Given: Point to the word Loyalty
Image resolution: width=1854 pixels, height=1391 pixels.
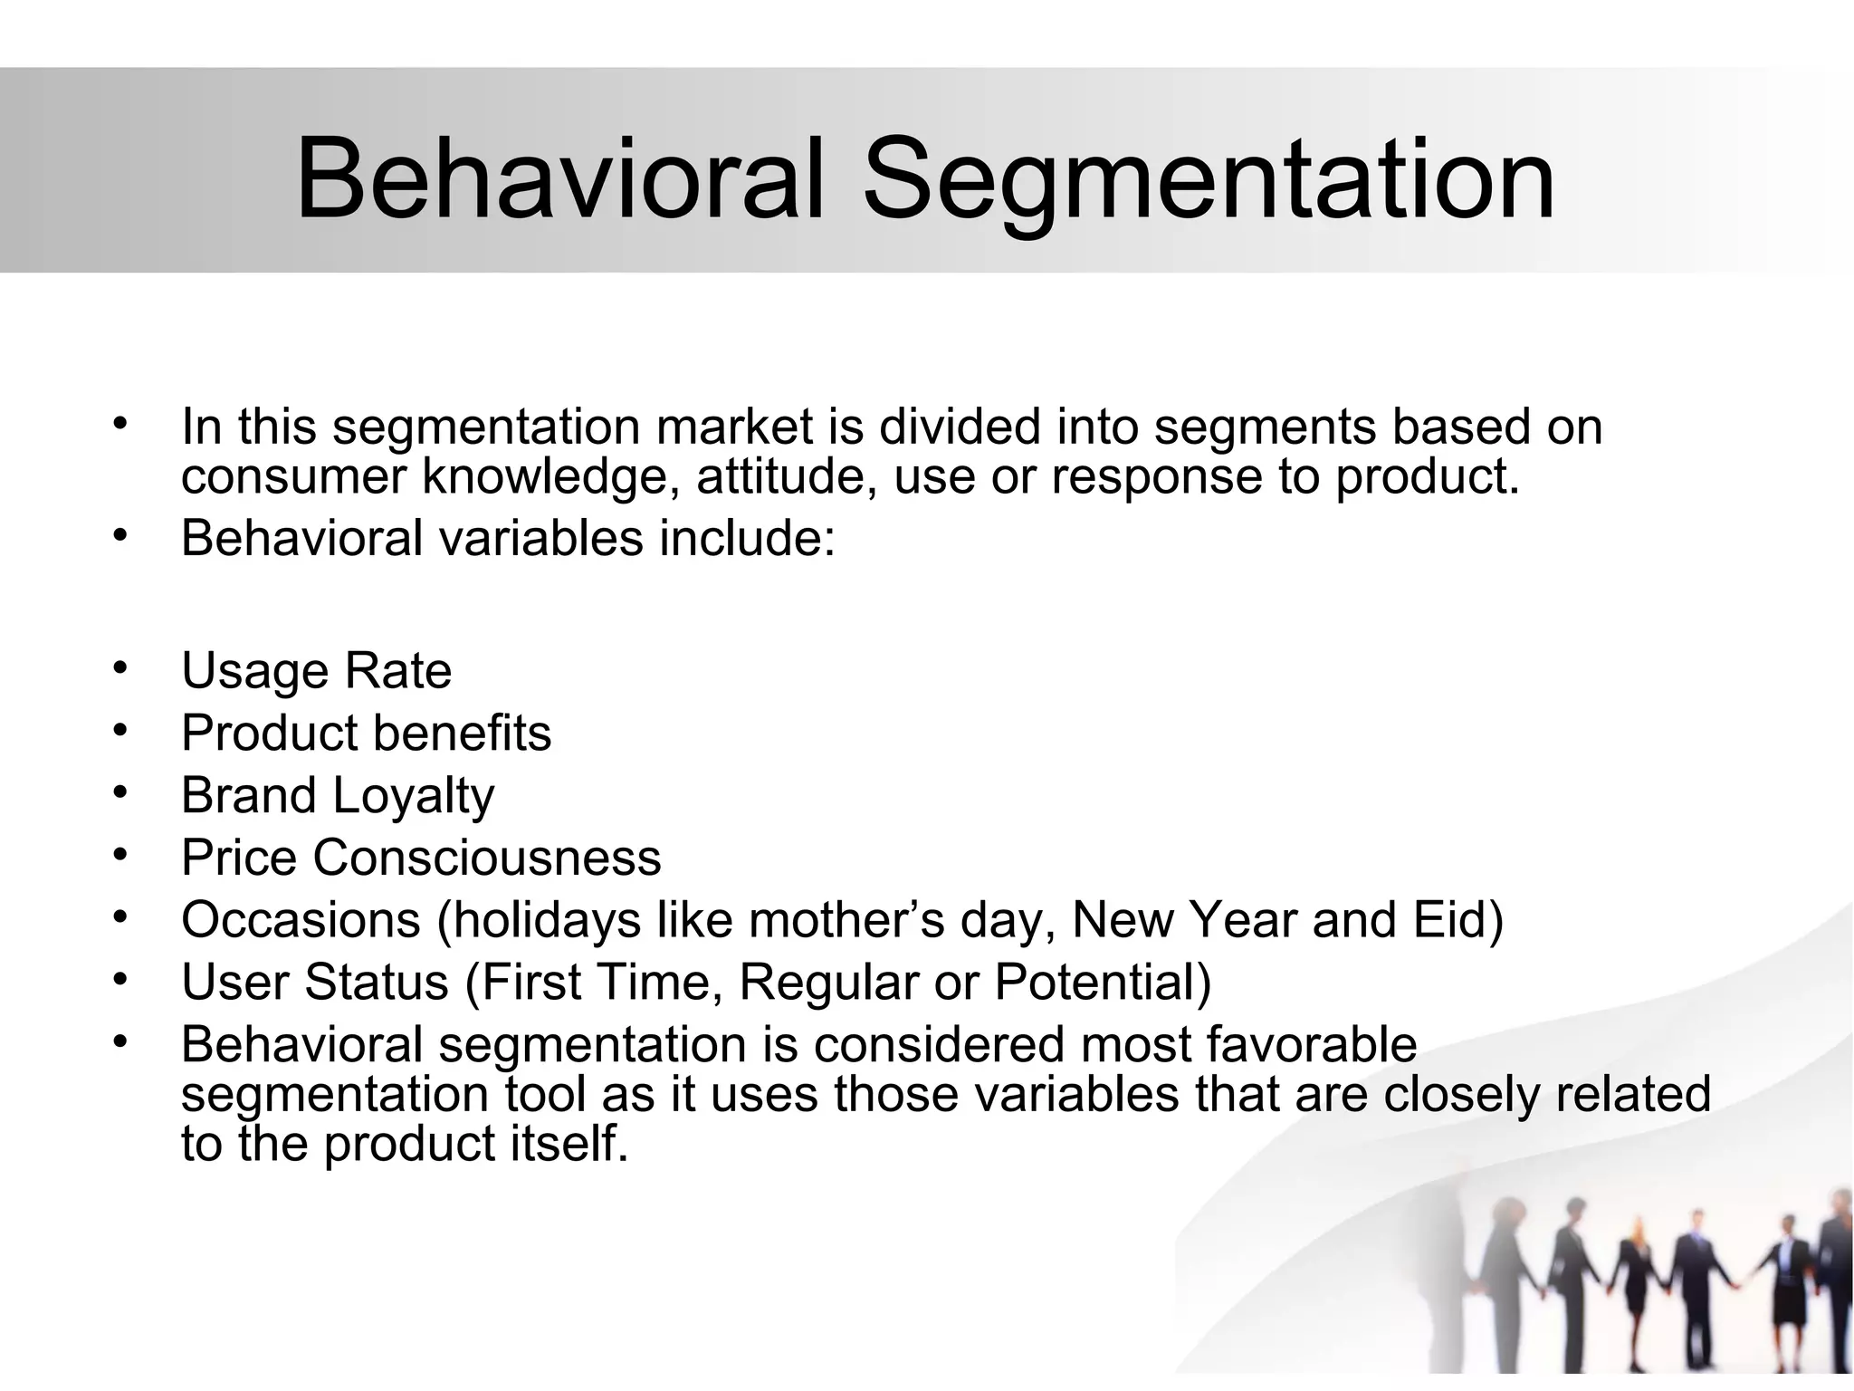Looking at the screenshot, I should click(414, 796).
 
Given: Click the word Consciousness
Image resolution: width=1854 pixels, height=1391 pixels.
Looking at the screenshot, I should click(487, 858).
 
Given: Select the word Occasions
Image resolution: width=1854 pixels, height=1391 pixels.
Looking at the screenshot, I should click(301, 920).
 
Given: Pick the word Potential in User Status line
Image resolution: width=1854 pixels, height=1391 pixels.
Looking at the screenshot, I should click(1102, 982).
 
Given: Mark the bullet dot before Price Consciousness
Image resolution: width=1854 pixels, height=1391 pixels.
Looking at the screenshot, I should click(119, 854).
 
